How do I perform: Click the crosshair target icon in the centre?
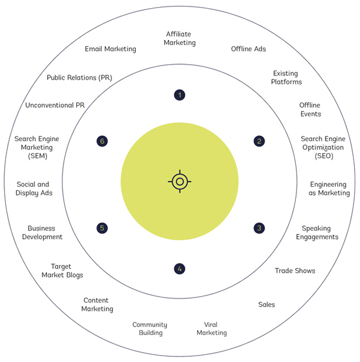(179, 182)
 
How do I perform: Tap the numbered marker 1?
(179, 95)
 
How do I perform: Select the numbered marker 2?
(259, 141)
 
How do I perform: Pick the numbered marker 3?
(259, 227)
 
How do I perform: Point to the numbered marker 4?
(179, 269)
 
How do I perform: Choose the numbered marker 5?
(102, 227)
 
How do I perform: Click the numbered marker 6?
(102, 141)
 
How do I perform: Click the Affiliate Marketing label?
(179, 38)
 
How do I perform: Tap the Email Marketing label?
(111, 49)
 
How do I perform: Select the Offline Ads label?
(248, 49)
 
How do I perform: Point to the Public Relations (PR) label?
(79, 77)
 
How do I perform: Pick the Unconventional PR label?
(55, 105)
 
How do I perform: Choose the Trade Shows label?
(295, 271)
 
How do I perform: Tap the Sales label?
(266, 304)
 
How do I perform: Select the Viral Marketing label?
(211, 329)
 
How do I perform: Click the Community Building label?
(149, 329)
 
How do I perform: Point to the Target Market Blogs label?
(61, 270)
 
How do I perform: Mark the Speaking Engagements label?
(320, 232)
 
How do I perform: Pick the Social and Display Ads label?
(34, 188)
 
